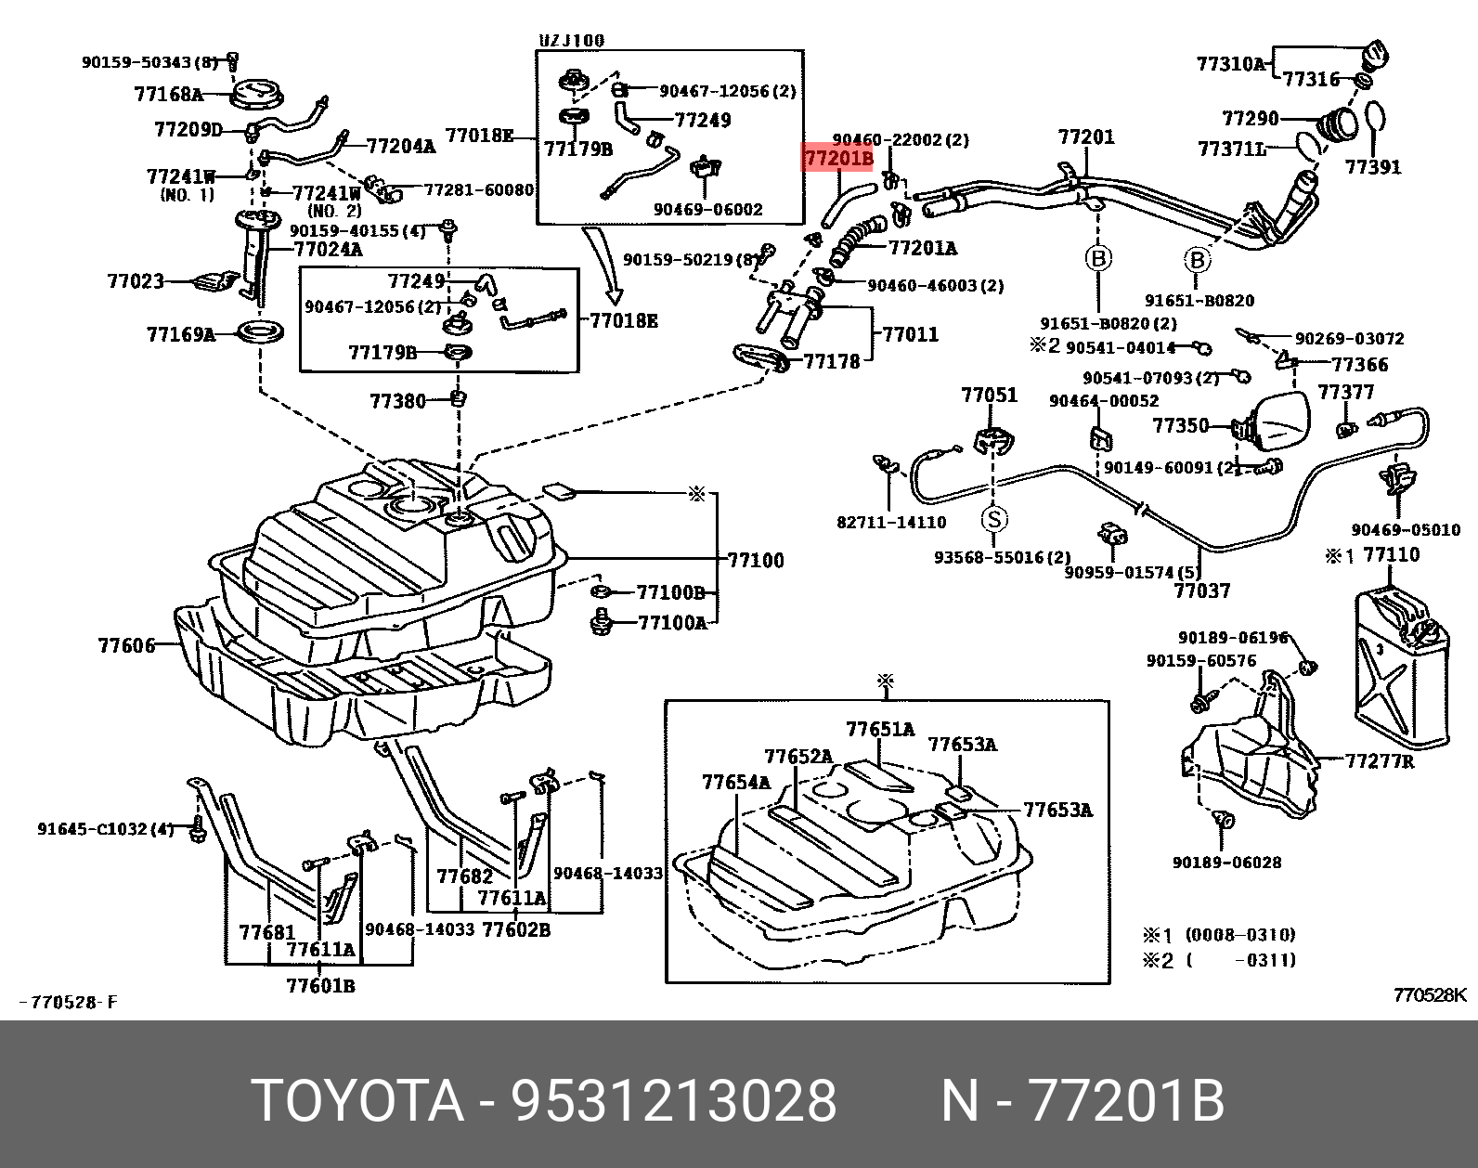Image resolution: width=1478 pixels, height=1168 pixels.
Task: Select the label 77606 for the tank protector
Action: point(127,644)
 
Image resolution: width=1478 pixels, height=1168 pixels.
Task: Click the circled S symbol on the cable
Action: point(994,518)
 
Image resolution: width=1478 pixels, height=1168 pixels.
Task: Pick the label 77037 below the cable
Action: point(1201,590)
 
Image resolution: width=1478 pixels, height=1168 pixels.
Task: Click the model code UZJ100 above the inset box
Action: point(572,40)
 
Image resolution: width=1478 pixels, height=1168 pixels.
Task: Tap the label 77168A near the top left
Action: point(167,94)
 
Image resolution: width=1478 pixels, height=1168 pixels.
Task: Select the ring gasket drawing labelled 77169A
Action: point(260,331)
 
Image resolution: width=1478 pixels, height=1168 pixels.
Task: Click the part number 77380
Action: point(397,401)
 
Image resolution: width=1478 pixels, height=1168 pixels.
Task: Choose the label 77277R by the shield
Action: point(1380,761)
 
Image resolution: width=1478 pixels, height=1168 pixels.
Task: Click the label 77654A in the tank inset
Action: point(736,782)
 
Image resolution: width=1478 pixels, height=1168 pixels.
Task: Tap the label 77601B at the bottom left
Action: point(320,985)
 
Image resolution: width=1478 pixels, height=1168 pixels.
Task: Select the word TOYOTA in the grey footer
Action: point(357,1101)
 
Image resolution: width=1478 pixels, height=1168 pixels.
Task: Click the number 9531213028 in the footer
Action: point(675,1101)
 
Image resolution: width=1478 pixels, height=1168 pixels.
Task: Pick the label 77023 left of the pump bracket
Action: point(136,280)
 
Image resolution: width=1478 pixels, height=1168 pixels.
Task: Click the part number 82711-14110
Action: point(891,523)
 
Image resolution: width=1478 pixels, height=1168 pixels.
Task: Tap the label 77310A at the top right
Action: point(1230,64)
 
